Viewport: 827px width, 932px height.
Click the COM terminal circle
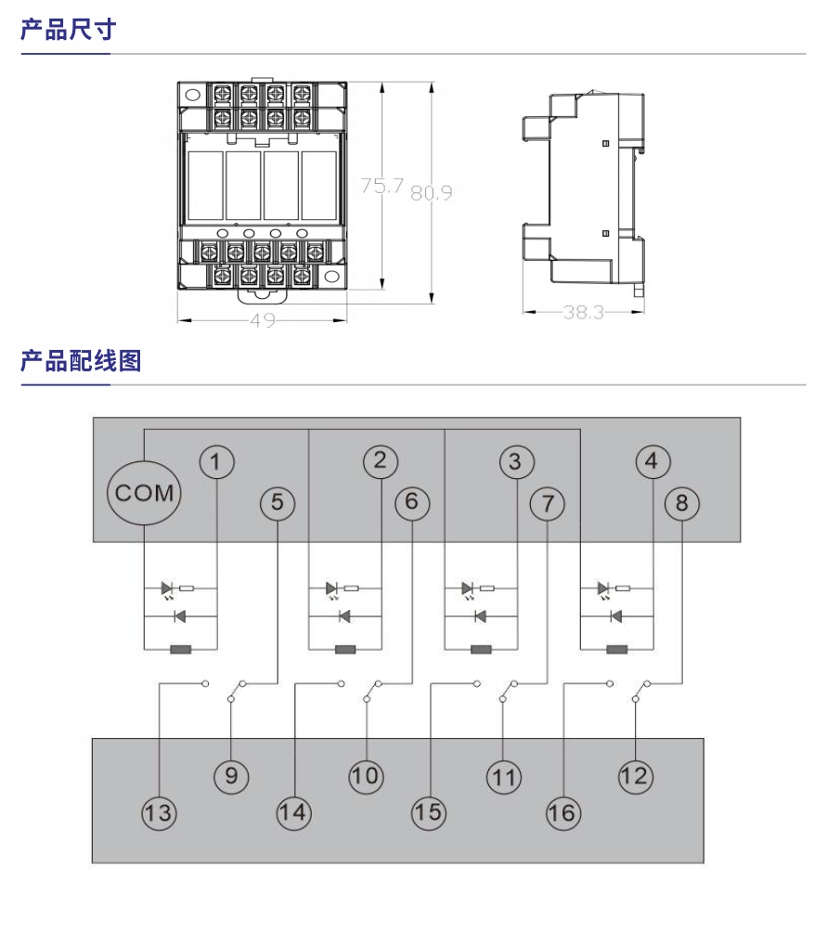pos(145,493)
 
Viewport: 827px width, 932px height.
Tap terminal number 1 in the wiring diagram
pos(216,461)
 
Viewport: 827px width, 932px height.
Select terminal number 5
pos(278,503)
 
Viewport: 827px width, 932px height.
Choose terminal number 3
pos(516,461)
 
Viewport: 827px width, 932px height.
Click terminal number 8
pos(682,503)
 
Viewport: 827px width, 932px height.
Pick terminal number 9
pos(231,775)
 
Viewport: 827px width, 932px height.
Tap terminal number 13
pos(159,813)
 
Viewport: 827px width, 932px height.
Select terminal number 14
pos(293,813)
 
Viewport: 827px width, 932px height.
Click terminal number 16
pos(562,813)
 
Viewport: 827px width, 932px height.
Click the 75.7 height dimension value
pos(382,187)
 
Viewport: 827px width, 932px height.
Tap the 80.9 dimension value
pos(432,193)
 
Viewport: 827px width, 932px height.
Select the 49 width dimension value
pos(262,321)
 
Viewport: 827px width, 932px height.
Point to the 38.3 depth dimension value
pos(583,313)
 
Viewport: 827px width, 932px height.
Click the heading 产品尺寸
pos(69,30)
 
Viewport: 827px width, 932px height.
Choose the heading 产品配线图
pos(81,360)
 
